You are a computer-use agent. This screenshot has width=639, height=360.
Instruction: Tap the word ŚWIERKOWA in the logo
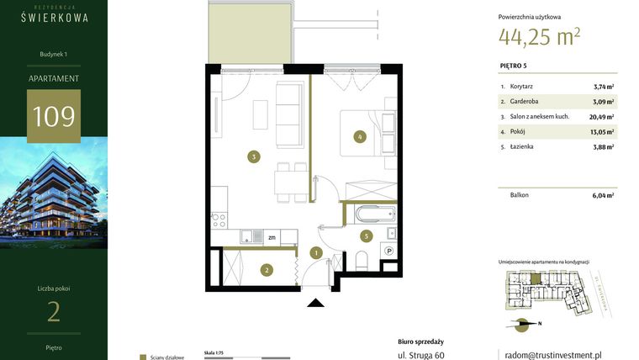(54, 17)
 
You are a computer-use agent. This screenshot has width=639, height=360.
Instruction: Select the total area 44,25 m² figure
(539, 36)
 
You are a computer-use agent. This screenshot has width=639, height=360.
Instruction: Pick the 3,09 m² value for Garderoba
(603, 102)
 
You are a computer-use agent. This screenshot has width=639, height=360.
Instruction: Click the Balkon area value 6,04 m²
(603, 195)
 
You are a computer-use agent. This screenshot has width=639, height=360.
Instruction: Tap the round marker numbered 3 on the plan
(252, 155)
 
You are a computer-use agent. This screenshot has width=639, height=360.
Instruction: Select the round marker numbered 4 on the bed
(359, 135)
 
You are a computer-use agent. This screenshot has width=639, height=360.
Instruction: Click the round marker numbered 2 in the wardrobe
(266, 270)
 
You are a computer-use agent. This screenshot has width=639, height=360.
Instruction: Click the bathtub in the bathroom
(367, 214)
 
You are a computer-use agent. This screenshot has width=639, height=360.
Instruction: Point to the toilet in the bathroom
(362, 261)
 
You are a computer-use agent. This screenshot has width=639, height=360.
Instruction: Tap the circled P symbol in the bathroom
(388, 251)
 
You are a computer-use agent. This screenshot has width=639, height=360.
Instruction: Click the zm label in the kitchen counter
(272, 238)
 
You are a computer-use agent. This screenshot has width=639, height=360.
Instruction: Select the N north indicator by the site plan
(539, 324)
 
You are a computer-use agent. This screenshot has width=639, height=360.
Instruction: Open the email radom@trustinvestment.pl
(551, 355)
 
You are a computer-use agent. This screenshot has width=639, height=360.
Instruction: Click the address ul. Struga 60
(421, 356)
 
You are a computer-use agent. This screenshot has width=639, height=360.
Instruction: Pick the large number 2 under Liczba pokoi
(54, 312)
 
